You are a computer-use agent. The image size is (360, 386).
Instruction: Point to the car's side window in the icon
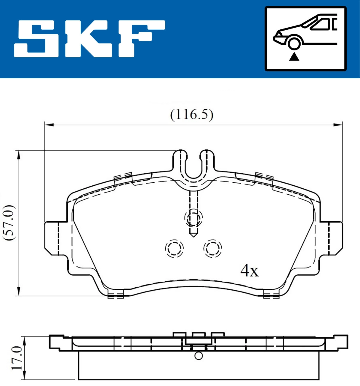tap(321, 24)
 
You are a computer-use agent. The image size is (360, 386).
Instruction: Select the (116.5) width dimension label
tap(192, 115)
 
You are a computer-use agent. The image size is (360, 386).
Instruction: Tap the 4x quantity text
tap(249, 271)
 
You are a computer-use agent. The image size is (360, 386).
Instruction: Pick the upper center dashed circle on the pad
tap(193, 218)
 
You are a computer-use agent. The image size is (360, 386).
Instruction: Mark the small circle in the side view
tap(199, 356)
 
